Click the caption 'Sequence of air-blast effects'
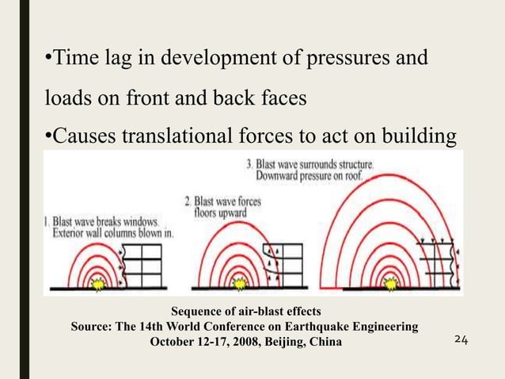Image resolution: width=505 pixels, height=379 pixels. [246, 312]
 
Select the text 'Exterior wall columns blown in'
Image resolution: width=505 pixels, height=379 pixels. [112, 234]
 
